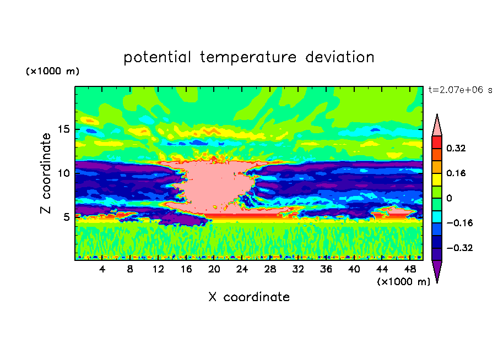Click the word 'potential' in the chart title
click(x=157, y=57)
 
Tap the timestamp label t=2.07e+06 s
click(x=460, y=90)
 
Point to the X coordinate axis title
click(x=249, y=297)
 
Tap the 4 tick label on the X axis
click(x=102, y=269)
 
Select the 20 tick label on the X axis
click(x=214, y=269)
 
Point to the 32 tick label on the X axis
click(x=298, y=269)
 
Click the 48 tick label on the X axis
click(x=410, y=269)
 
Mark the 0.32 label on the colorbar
click(x=456, y=148)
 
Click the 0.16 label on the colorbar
click(x=456, y=173)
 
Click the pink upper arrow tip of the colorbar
click(x=437, y=126)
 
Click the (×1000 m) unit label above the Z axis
click(x=52, y=72)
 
